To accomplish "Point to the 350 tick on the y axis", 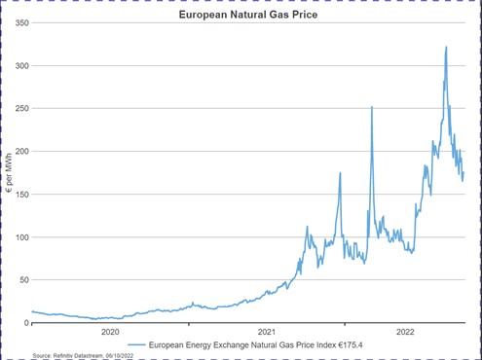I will [x=19, y=22].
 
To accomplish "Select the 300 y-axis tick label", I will [x=19, y=65].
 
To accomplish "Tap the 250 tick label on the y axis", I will [x=19, y=108].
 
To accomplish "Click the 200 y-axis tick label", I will [x=19, y=151].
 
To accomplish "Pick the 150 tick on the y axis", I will [x=19, y=194].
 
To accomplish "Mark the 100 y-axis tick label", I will [x=19, y=236].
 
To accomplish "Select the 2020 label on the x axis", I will [x=111, y=333].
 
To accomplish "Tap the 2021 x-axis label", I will [x=266, y=333].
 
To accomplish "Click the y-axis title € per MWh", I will [x=8, y=173].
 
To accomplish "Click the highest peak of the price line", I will [x=446, y=47].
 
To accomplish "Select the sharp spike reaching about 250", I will [x=372, y=107].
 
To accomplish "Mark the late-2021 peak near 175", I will [x=340, y=173].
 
